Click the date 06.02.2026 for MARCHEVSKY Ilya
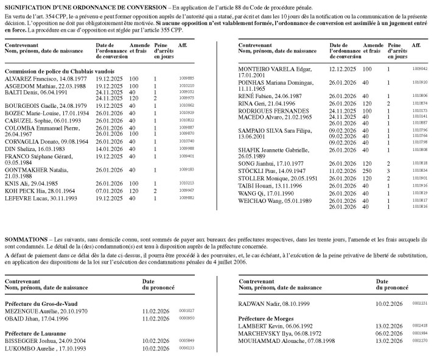pyautogui.click(x=390, y=333)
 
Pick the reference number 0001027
pyautogui.click(x=186, y=310)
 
